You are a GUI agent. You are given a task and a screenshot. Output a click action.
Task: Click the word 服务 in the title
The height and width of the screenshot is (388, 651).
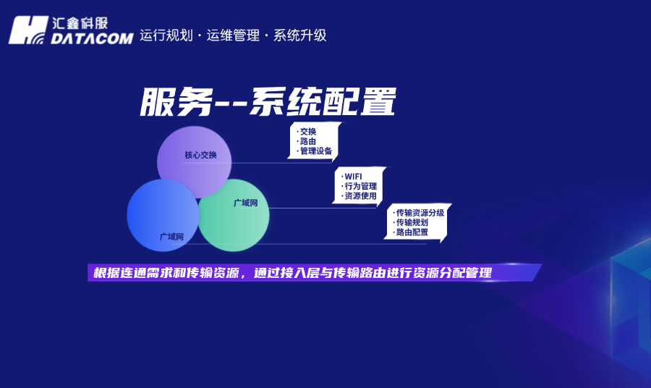(x=169, y=102)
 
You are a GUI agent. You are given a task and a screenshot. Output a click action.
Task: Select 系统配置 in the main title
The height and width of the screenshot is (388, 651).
(x=323, y=102)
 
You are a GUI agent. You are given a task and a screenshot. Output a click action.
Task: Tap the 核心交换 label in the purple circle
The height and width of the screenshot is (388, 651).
(x=200, y=156)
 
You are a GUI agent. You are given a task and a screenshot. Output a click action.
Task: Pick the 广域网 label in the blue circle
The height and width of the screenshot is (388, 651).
(x=171, y=237)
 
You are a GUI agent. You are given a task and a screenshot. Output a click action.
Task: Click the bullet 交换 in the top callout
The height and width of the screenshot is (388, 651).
(x=308, y=132)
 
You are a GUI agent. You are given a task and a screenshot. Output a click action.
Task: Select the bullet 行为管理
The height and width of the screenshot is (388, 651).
(x=360, y=186)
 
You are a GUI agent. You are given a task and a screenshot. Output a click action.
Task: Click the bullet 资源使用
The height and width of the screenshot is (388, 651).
(x=360, y=195)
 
